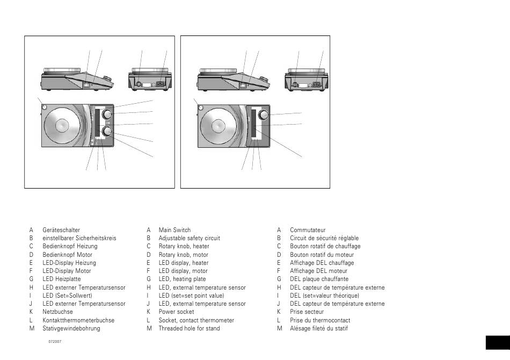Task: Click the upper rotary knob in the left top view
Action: point(107,114)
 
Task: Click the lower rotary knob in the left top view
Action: point(107,132)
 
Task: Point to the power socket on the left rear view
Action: point(159,84)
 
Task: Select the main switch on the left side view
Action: point(87,84)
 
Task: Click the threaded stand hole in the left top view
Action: point(43,106)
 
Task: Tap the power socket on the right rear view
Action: point(316,84)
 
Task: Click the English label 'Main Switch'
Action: point(174,230)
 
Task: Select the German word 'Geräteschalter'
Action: point(61,230)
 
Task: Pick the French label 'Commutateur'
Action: point(308,230)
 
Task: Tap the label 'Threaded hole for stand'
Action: point(189,328)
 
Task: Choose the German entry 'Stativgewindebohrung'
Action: point(71,328)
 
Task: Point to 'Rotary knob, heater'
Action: point(184,246)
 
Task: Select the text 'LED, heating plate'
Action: point(182,279)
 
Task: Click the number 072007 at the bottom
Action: point(55,342)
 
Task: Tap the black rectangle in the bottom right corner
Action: point(497,343)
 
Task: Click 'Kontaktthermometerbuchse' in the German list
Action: point(78,320)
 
